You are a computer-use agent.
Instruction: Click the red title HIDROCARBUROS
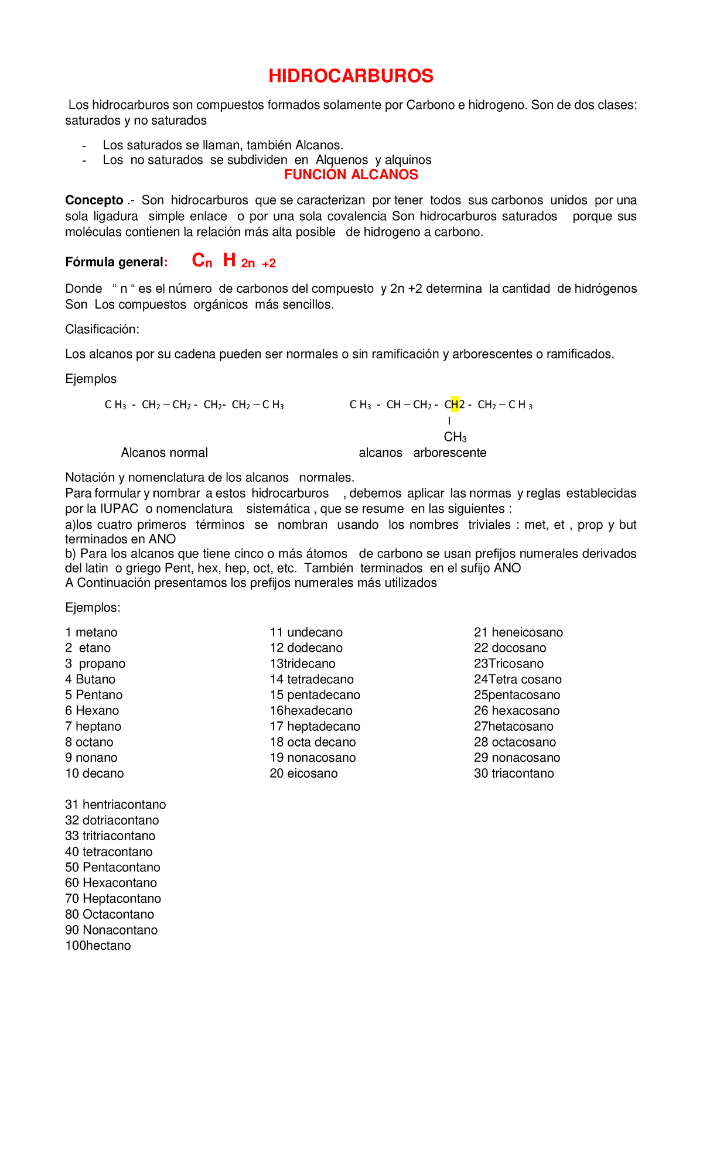[351, 76]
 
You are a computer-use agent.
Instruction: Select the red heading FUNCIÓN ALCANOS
[351, 174]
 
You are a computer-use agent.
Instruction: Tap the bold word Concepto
[94, 200]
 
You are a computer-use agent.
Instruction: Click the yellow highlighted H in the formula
[455, 404]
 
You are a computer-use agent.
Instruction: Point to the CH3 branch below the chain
[455, 437]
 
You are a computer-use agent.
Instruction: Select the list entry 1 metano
[91, 632]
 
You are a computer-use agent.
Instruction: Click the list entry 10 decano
[94, 773]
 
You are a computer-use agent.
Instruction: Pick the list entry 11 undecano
[306, 632]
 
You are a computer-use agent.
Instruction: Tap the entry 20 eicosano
[303, 773]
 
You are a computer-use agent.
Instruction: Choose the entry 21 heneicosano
[518, 632]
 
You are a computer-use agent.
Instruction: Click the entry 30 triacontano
[514, 773]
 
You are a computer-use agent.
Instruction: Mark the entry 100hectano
[98, 946]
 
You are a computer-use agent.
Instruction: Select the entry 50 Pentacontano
[112, 867]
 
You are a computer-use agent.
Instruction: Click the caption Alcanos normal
[164, 453]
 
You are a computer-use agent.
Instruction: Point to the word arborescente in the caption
[449, 453]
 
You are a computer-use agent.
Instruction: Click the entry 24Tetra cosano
[517, 679]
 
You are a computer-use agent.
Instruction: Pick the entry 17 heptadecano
[315, 726]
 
